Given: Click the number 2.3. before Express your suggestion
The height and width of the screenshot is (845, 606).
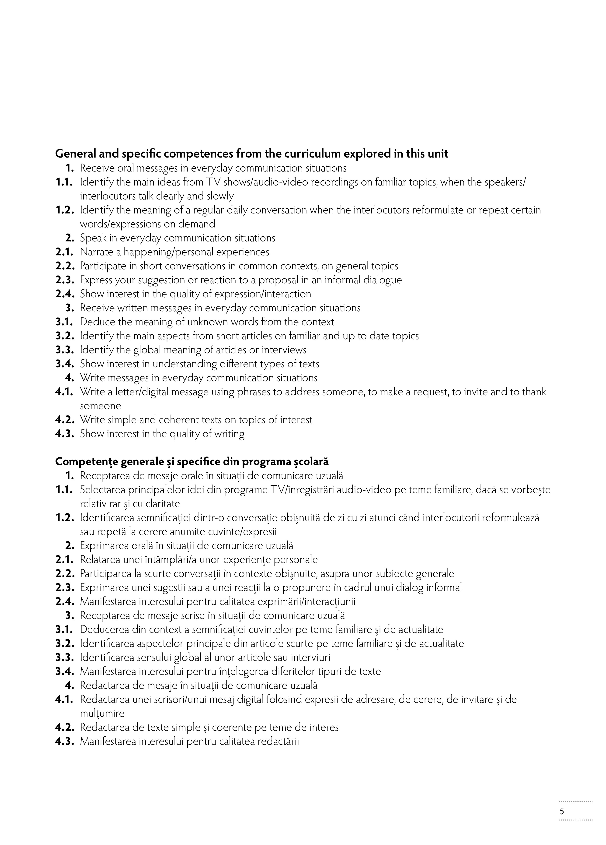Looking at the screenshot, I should point(65,280).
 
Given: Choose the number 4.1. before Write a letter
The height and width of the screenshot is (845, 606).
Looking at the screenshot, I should point(65,392).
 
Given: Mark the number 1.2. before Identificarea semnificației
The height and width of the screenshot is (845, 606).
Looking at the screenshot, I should point(65,518).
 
